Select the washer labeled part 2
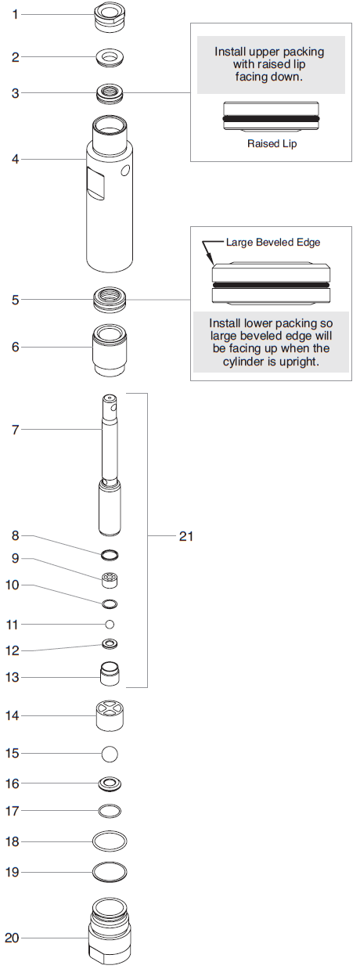click(x=110, y=57)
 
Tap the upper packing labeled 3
click(x=110, y=93)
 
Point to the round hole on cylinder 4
click(x=125, y=171)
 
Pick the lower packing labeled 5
click(x=110, y=300)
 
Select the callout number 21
click(x=185, y=536)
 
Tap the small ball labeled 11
click(x=110, y=624)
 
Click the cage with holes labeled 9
click(x=110, y=580)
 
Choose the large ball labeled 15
click(x=110, y=754)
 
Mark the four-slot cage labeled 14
click(x=110, y=715)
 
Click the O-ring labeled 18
click(x=110, y=841)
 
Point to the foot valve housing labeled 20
click(x=110, y=931)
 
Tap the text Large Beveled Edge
click(x=273, y=243)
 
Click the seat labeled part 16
click(x=110, y=783)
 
